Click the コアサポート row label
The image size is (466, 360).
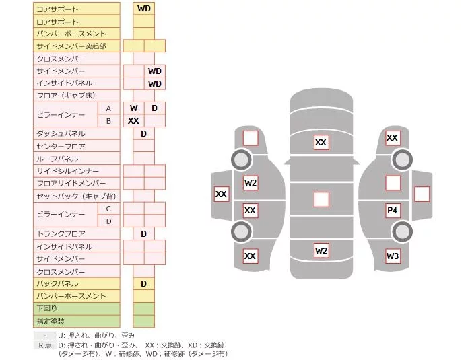[x=57, y=9]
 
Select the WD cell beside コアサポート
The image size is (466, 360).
[x=144, y=9]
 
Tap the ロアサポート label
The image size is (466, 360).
[x=57, y=22]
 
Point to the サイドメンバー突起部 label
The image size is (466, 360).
[x=71, y=46]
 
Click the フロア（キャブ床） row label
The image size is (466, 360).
[x=66, y=96]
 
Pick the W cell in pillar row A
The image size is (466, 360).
[x=134, y=108]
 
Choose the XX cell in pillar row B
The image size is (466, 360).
[x=134, y=121]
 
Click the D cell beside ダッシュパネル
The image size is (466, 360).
[x=144, y=134]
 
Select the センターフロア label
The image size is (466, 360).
[x=61, y=147]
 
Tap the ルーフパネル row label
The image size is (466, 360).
[x=57, y=159]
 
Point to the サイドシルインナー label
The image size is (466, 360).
[x=67, y=171]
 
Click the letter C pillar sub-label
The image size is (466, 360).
[x=108, y=209]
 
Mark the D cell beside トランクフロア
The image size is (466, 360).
[x=144, y=233]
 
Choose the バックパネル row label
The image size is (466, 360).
[x=57, y=283]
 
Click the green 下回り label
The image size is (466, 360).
[x=46, y=308]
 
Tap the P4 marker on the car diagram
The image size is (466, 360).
[x=393, y=211]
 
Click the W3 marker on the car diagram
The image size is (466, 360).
[x=393, y=256]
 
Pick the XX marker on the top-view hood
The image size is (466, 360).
[x=321, y=142]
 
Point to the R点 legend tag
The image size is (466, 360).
[x=45, y=345]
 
